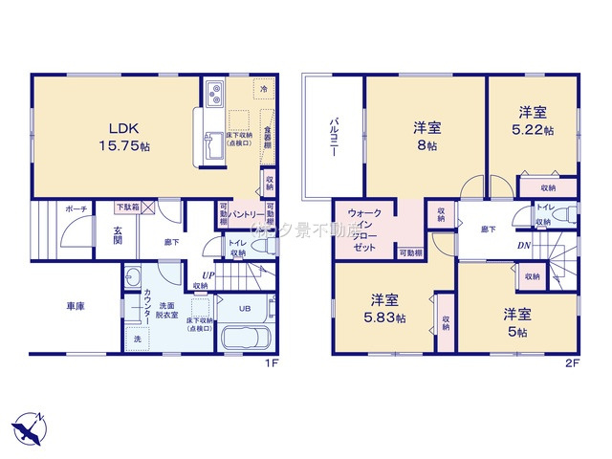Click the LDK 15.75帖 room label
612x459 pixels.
[x=124, y=137]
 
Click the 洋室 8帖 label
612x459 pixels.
[x=426, y=136]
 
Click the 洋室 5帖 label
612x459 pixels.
[x=518, y=320]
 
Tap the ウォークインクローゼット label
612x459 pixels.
[x=364, y=229]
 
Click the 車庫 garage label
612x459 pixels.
[x=76, y=307]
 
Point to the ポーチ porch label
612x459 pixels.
[x=76, y=208]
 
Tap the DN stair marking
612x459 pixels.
[x=525, y=245]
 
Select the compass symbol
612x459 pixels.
[x=29, y=426]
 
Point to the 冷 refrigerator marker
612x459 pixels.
[x=263, y=89]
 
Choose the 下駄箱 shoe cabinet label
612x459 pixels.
[x=127, y=207]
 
